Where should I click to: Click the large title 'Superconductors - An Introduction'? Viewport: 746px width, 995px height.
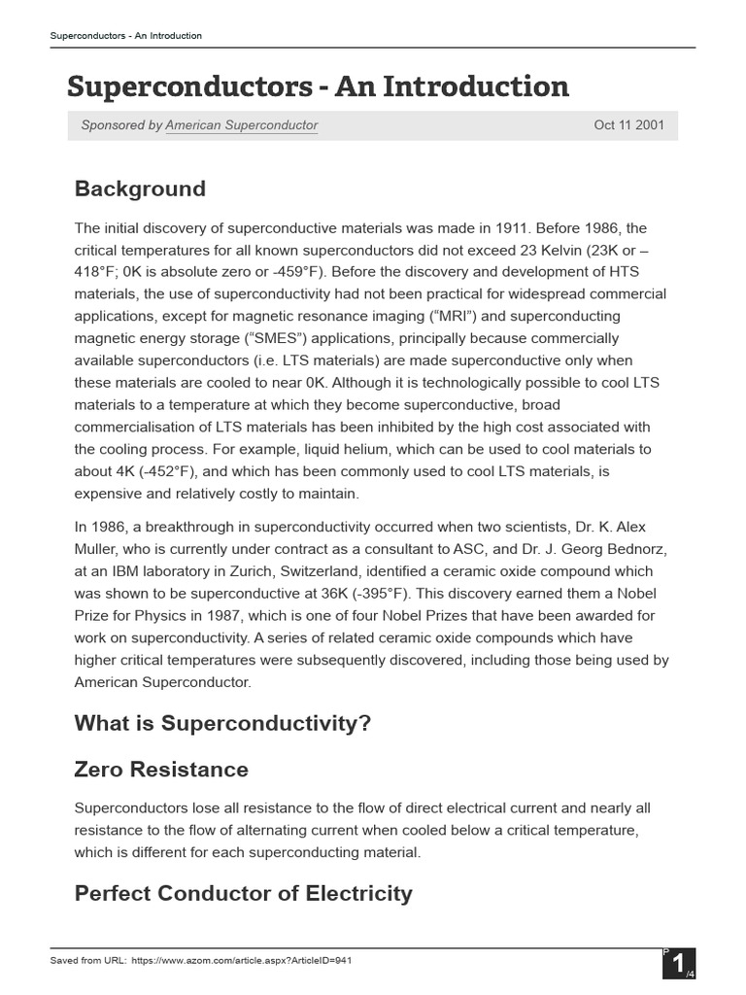(x=318, y=86)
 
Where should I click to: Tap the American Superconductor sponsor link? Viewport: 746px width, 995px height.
(x=241, y=125)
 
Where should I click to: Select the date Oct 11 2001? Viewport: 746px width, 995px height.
(x=628, y=125)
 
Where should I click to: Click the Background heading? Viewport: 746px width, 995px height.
(x=140, y=189)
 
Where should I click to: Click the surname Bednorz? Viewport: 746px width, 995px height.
(x=633, y=549)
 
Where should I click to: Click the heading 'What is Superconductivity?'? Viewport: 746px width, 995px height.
(x=223, y=724)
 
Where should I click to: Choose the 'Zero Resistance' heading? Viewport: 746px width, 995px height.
(x=161, y=770)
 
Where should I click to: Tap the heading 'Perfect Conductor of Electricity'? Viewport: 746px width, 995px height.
(x=243, y=893)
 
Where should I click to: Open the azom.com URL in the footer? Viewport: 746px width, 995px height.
(x=240, y=960)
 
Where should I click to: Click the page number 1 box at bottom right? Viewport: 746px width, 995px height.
(x=678, y=965)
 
